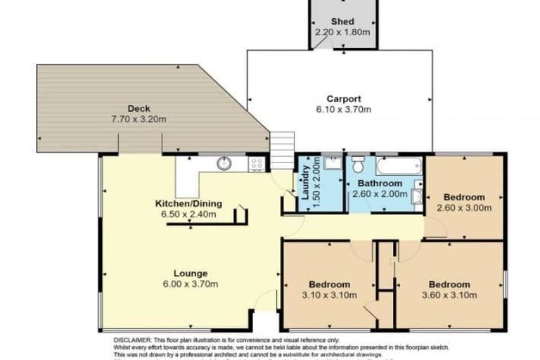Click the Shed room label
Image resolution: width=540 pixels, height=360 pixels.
[342, 21]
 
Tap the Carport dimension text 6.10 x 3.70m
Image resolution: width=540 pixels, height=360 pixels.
[342, 110]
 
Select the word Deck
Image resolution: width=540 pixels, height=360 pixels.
[138, 108]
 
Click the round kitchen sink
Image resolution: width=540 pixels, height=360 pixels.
[224, 164]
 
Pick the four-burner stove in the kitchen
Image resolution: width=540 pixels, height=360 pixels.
[257, 164]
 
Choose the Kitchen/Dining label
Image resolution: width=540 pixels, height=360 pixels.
[188, 204]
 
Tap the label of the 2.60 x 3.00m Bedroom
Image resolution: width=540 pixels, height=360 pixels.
[464, 197]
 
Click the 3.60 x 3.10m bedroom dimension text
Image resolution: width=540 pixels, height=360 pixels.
[449, 295]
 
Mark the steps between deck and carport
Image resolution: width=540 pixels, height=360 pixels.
[281, 150]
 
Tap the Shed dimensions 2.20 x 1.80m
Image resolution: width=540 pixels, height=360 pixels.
[342, 32]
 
